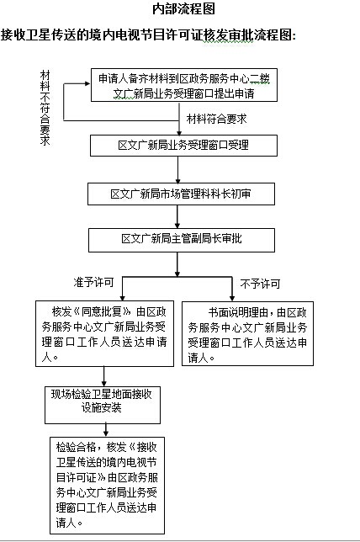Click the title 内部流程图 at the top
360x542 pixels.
(184, 9)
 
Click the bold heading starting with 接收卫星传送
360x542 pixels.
(149, 35)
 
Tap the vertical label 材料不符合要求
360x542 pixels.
(45, 108)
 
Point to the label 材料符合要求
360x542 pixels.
(217, 119)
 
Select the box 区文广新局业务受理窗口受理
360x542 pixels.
(183, 146)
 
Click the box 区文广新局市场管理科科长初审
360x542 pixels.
(181, 194)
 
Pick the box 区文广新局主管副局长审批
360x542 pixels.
(182, 240)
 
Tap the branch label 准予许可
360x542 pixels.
(93, 283)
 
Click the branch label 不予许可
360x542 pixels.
(260, 284)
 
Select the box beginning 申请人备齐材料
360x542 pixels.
(184, 85)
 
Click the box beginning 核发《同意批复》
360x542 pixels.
(104, 333)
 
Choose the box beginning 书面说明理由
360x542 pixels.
(247, 333)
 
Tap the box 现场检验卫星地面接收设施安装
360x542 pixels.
(103, 405)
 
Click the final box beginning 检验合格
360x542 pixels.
(107, 486)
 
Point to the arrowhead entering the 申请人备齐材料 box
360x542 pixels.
(87, 83)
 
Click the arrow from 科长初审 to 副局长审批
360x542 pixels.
(177, 217)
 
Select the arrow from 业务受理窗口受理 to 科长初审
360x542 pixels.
(178, 170)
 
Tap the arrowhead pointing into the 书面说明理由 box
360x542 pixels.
(232, 298)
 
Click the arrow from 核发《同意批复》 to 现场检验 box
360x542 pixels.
(104, 376)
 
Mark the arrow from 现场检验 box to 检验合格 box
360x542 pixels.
(106, 430)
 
